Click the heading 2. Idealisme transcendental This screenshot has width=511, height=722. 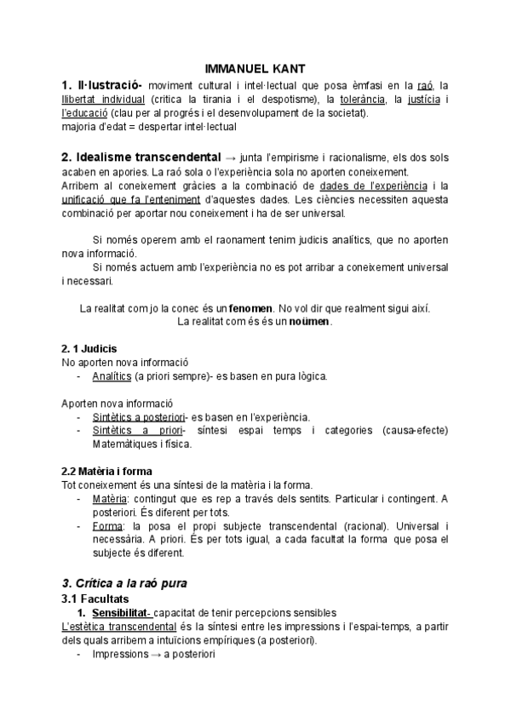coord(141,158)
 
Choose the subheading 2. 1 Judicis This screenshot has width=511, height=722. coord(89,348)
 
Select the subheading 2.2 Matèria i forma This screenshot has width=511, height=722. coord(112,471)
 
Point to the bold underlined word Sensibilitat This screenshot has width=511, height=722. coord(119,613)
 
